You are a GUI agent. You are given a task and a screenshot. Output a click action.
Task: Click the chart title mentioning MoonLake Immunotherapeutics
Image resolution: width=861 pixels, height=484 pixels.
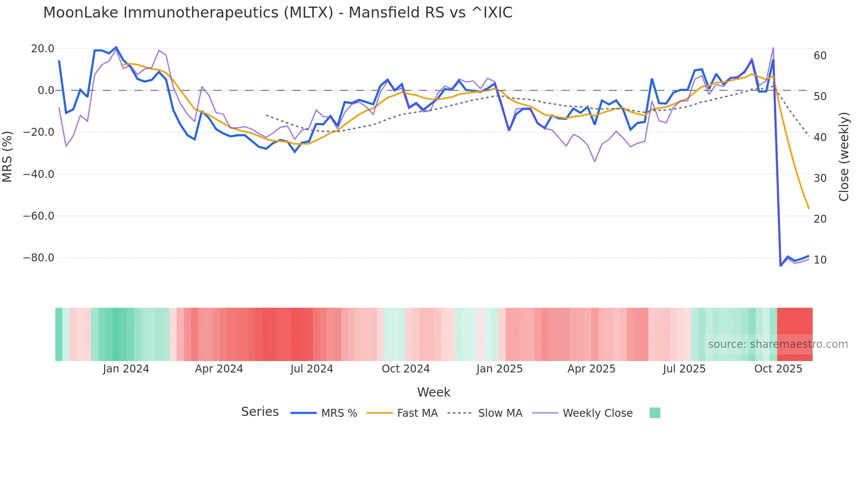pos(278,13)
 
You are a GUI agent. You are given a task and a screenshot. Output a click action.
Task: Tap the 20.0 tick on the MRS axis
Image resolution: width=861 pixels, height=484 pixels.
pos(43,49)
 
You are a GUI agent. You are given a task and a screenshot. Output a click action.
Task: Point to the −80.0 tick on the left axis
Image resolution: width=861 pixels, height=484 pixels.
pos(39,258)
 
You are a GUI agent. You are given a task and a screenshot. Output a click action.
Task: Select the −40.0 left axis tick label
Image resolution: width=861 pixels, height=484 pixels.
pos(39,174)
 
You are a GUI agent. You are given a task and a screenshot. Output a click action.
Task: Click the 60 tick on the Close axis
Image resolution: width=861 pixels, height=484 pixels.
pos(820,56)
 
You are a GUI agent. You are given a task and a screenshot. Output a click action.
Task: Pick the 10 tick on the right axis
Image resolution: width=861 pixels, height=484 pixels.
pos(820,260)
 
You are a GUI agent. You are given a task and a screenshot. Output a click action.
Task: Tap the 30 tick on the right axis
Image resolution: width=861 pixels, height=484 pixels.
pos(820,178)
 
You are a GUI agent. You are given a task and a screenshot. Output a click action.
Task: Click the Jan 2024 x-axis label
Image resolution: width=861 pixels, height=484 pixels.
pos(126,369)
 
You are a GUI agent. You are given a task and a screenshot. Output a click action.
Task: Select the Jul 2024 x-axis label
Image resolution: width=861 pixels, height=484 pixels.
pos(312,369)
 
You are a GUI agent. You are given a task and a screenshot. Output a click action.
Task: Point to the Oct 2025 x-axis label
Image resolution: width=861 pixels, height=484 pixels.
pos(778,369)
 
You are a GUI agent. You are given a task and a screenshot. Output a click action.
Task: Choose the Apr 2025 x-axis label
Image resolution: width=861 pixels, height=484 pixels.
pos(591,369)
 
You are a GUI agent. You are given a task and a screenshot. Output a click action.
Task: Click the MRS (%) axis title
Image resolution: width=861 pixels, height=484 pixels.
pos(7,156)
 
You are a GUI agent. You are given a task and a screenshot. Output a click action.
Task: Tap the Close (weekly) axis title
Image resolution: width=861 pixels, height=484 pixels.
pos(844,157)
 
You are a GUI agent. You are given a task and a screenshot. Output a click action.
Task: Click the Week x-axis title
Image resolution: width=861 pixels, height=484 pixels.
pos(434,392)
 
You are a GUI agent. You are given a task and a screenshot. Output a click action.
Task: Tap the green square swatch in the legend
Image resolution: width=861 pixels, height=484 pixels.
pos(655,413)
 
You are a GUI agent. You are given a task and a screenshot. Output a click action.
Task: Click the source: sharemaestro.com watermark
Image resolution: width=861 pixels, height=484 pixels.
pos(778,344)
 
